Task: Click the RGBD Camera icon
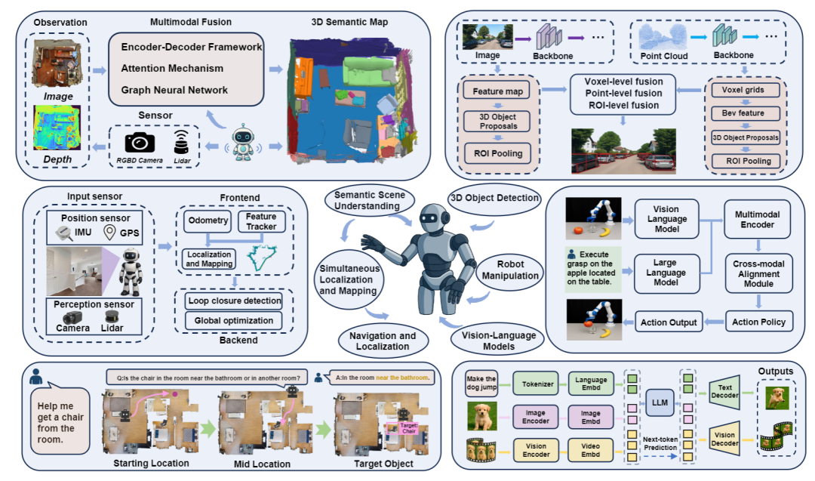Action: coord(140,143)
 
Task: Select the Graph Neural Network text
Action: coord(174,90)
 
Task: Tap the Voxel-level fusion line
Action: coord(623,82)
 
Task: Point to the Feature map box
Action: coord(497,91)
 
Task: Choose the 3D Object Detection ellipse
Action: coord(494,198)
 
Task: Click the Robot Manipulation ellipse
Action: coord(510,270)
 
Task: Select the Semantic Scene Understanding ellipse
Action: coord(370,201)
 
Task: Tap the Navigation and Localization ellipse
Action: coord(383,341)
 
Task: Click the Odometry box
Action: coord(208,221)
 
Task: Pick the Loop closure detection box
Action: coord(235,301)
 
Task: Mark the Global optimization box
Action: coord(234,321)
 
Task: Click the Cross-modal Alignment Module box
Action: coord(758,273)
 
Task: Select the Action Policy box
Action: coord(758,322)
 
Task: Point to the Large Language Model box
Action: coord(666,273)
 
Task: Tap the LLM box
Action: coord(660,402)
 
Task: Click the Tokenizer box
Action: coord(537,384)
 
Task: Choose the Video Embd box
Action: coord(590,450)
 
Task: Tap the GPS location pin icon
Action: coord(109,232)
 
